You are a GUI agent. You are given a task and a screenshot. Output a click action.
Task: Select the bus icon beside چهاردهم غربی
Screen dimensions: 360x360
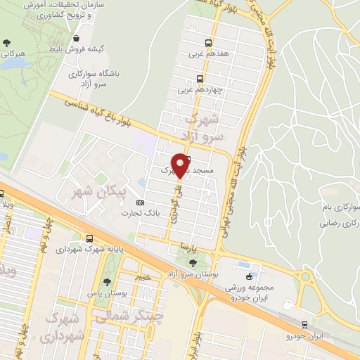coord(200,79)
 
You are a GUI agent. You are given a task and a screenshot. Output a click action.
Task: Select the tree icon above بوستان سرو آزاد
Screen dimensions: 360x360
coord(193,262)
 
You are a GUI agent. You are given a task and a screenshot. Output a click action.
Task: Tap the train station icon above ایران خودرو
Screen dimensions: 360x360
coord(304,324)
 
